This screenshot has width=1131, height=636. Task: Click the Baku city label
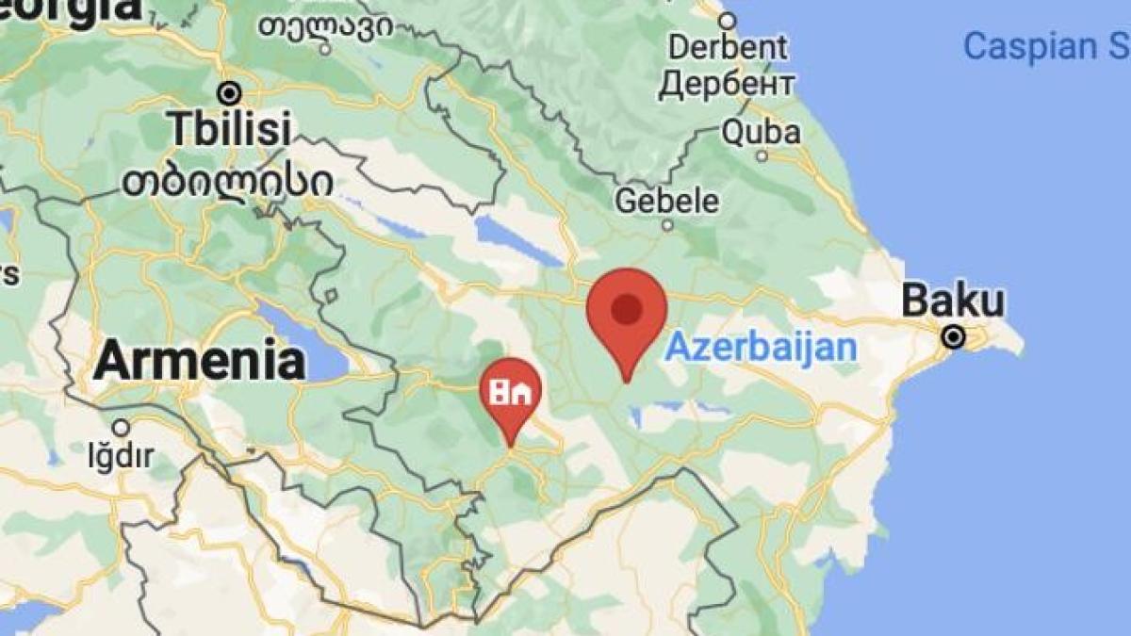click(953, 302)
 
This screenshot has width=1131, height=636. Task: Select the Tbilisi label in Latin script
click(230, 130)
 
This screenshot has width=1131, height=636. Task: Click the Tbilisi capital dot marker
click(229, 93)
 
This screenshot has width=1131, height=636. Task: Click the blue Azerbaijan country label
click(761, 348)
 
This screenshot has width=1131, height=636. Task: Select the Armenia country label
click(199, 361)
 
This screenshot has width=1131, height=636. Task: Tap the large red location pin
click(627, 311)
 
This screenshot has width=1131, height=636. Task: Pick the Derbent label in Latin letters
click(728, 46)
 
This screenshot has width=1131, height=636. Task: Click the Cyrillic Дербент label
click(727, 85)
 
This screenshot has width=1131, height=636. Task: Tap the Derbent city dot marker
click(727, 20)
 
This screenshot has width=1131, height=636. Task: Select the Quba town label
click(762, 132)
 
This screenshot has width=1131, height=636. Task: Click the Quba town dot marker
click(762, 155)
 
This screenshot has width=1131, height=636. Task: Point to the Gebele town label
click(666, 201)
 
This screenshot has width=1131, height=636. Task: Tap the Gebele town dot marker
click(667, 225)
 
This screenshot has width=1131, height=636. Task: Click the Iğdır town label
click(120, 458)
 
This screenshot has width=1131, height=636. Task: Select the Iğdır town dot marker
click(121, 427)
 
